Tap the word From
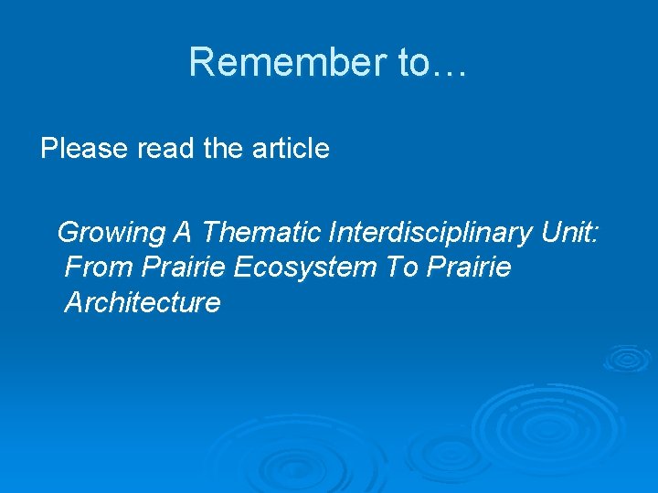point(101,267)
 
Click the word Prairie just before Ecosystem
point(185,267)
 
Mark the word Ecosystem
point(305,267)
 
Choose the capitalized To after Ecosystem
point(400,267)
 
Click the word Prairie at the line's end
point(469,267)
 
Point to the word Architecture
point(143,302)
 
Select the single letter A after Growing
point(182,233)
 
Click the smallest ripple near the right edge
point(625,358)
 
